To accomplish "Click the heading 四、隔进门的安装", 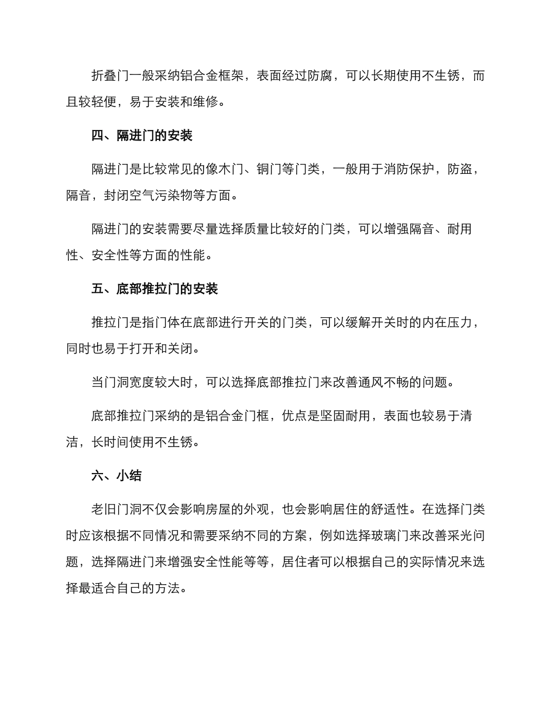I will click(x=142, y=136).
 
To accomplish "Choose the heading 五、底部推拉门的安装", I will click(x=155, y=289).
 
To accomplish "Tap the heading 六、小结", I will click(x=116, y=475).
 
